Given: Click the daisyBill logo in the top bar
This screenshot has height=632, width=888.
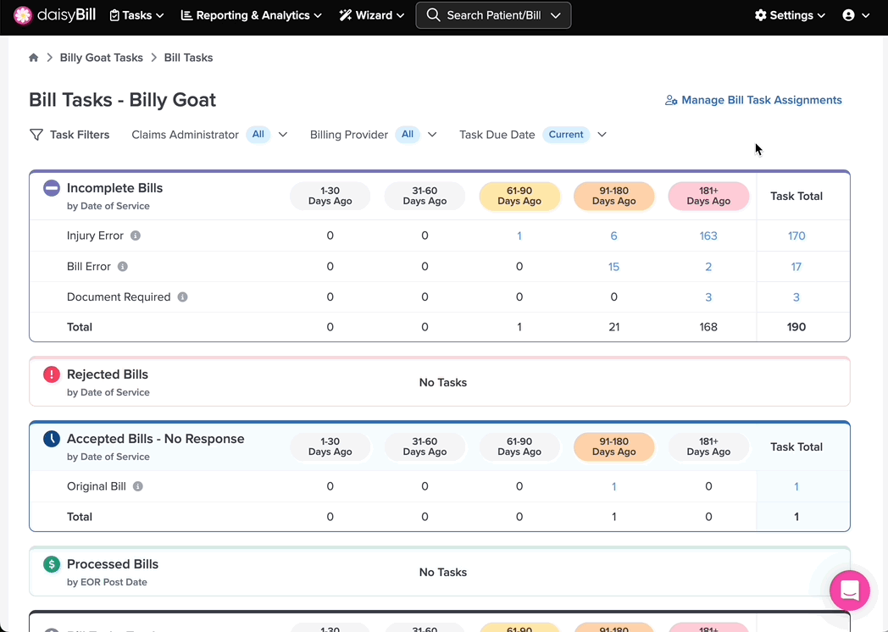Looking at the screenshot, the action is pos(54,15).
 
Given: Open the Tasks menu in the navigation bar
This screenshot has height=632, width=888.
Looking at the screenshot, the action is pos(136,15).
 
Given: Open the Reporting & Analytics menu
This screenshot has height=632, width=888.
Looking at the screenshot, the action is pos(251,15).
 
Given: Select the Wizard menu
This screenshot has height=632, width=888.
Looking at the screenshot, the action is pos(371,15).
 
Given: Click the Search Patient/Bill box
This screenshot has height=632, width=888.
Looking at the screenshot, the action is pos(493,15).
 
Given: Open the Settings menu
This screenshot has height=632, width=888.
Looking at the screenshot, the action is pos(790,15).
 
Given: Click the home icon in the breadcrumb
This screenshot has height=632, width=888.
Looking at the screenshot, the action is pos(33,58).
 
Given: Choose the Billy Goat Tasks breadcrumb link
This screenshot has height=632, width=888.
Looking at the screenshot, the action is pos(102,58).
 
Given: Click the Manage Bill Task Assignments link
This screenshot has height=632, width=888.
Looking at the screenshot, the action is pos(753,100).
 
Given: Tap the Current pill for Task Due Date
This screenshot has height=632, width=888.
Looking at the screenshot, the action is pos(566,135).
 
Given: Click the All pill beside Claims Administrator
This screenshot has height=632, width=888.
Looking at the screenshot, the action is pos(258,135).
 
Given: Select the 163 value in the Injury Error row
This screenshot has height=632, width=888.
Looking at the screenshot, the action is pos(708,236).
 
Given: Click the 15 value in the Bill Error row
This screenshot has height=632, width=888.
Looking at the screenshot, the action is pos(613,267).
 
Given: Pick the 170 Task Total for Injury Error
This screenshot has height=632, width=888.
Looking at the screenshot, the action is pos(796,236).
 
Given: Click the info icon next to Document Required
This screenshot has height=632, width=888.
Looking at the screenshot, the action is pos(182,297).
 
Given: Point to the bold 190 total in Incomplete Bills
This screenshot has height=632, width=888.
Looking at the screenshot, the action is pos(796,327).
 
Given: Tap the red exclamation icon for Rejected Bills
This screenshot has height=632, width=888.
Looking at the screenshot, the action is pos(52,374).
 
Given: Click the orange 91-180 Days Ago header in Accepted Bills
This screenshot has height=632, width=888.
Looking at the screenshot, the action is pos(614,446).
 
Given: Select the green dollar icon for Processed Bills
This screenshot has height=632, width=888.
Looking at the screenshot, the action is pos(52,564).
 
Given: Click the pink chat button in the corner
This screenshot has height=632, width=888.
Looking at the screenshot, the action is pos(850,590).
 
